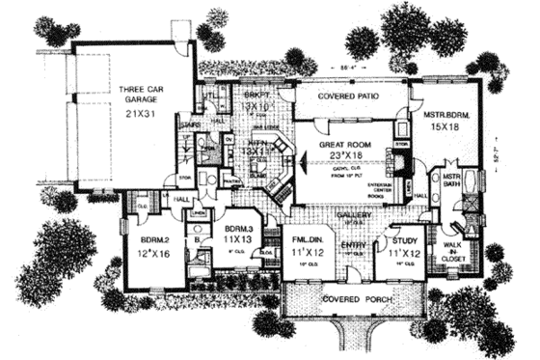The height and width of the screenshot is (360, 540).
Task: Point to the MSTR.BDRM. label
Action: point(445,113)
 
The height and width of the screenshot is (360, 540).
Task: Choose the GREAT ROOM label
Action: point(338,142)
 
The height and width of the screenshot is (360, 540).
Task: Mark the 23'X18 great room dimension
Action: point(339,153)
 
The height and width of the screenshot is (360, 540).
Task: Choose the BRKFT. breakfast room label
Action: point(229,97)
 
